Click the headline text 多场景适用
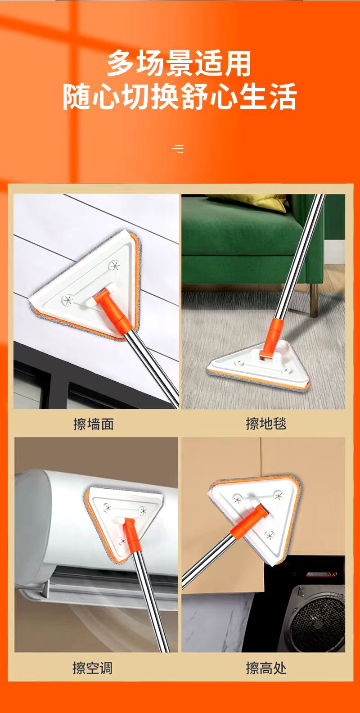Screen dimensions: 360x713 click(x=179, y=63)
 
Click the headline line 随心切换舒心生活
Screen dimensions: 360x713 click(x=180, y=96)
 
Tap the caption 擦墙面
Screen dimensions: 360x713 click(x=94, y=424)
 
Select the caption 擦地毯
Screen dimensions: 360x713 click(x=266, y=424)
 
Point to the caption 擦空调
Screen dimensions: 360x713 click(x=92, y=668)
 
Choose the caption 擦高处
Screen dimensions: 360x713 click(x=266, y=668)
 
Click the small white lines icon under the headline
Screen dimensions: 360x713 click(x=178, y=149)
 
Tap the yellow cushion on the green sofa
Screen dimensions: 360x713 click(x=247, y=202)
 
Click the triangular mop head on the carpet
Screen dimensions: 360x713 click(x=258, y=366)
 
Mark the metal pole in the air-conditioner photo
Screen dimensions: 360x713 click(x=149, y=598)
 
